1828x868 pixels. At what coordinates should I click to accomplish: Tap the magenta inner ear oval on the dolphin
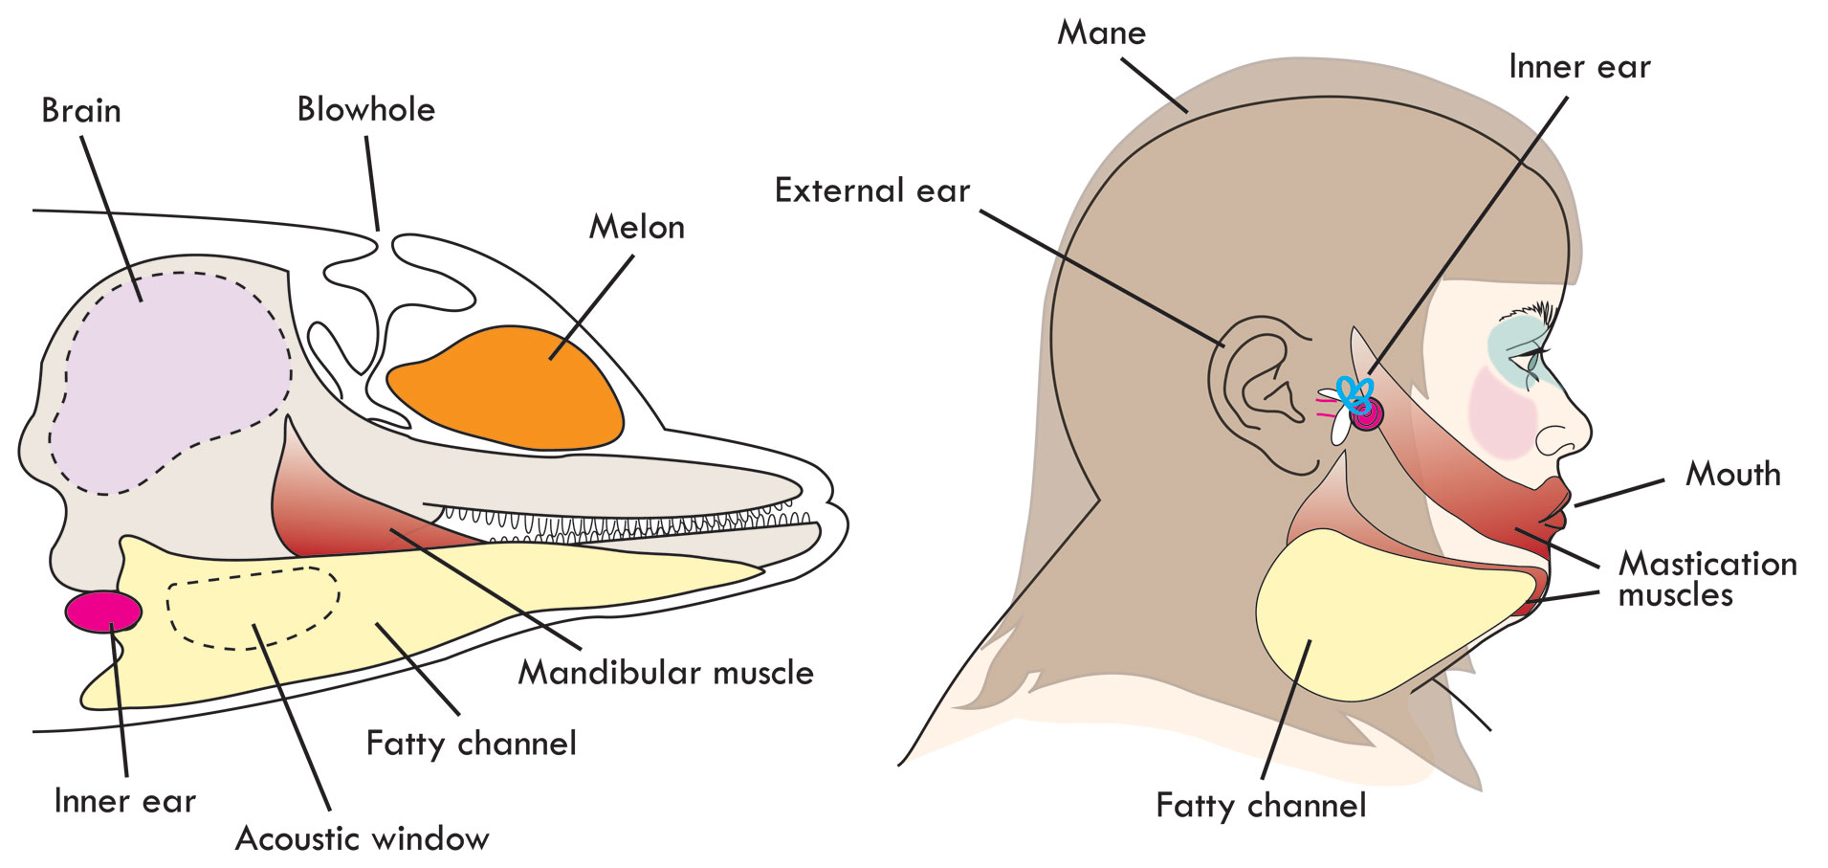coord(103,612)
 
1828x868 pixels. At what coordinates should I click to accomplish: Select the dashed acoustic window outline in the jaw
coord(253,608)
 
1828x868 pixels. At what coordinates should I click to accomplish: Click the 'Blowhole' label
coord(365,110)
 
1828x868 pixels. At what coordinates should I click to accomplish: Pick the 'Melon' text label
coord(636,228)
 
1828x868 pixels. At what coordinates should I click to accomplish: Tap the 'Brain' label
coord(81,111)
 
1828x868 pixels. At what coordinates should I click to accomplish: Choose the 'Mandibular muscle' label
coord(666,673)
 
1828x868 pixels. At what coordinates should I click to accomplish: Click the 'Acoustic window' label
coord(362,839)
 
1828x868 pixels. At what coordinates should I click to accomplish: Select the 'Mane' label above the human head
coord(1101,33)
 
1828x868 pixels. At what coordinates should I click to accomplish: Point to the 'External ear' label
coord(872,191)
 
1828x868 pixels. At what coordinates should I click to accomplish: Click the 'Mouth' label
coord(1732,475)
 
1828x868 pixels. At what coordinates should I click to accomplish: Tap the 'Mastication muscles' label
coord(1707,579)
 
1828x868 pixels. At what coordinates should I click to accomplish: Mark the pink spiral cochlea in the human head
coord(1367,413)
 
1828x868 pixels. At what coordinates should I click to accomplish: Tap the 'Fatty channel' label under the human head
coord(1261,806)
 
